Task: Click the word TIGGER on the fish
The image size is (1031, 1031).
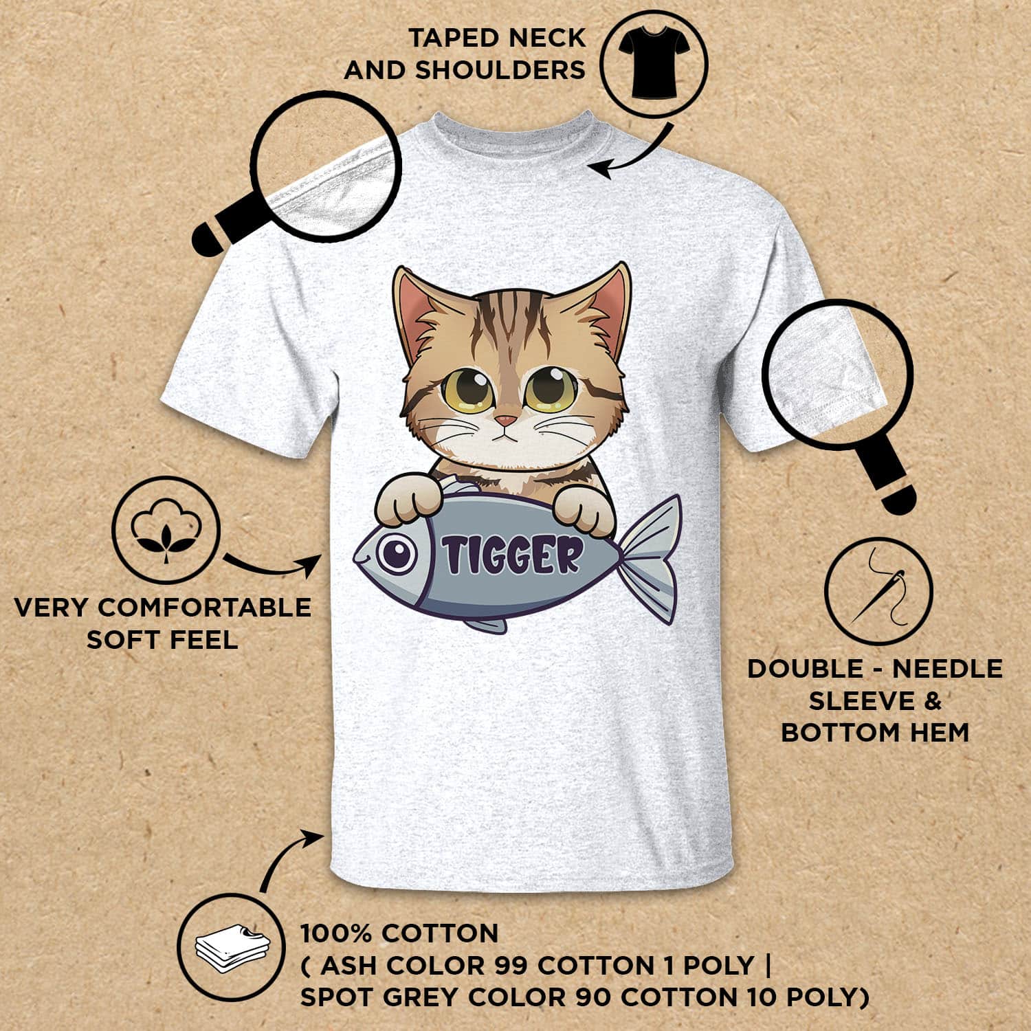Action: [511, 555]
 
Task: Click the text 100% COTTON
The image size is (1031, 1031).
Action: [399, 933]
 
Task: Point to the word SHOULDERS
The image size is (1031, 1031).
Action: [500, 70]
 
